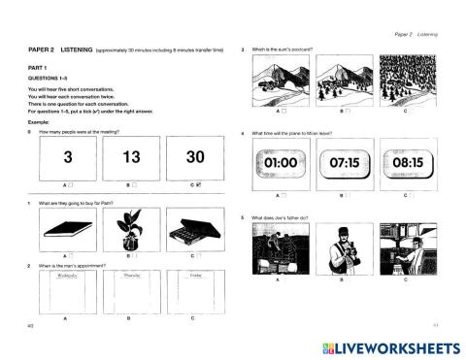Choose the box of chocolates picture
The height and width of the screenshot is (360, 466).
(193, 231)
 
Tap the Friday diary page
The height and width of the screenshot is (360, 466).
(193, 291)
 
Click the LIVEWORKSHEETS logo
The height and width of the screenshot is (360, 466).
(388, 347)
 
